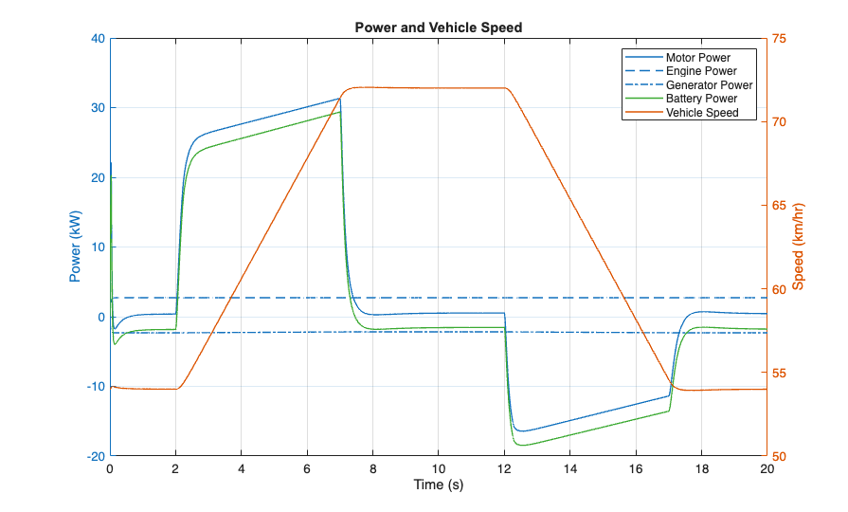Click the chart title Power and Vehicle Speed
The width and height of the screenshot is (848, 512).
tap(438, 27)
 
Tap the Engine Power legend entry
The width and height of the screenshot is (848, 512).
tap(701, 71)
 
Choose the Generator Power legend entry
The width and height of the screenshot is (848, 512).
tap(709, 85)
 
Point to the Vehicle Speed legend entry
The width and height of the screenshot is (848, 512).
tap(702, 113)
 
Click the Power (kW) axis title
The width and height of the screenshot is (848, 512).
tap(75, 247)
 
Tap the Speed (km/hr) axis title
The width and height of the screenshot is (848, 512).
tap(799, 247)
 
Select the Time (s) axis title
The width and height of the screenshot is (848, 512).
tap(438, 485)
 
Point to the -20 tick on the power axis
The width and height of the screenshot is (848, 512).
tap(94, 456)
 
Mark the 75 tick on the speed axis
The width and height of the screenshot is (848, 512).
tap(780, 39)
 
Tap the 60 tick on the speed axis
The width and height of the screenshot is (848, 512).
tap(780, 289)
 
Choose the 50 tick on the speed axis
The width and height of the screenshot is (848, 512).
tap(780, 456)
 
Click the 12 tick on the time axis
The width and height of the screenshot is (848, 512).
tap(504, 468)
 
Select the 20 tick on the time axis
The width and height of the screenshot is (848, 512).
tap(766, 468)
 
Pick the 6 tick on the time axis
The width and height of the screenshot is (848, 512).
tap(307, 468)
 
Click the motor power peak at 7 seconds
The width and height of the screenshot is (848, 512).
tap(339, 98)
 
